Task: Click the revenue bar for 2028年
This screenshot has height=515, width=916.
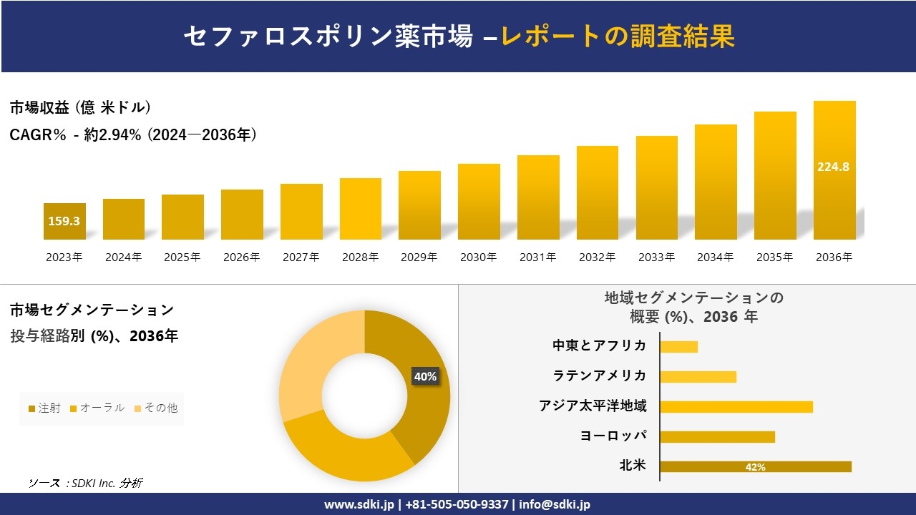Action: [360, 209]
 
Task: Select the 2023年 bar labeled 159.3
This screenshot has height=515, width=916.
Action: [64, 221]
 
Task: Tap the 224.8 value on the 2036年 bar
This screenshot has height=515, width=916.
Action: [833, 167]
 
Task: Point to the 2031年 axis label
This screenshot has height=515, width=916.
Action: [537, 257]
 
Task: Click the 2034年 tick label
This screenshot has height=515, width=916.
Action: [715, 257]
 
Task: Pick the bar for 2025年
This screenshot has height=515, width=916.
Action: [182, 217]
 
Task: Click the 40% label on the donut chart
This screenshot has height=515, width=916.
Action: [425, 376]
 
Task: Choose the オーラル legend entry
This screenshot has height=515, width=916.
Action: [97, 408]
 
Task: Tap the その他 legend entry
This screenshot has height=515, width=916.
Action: [155, 408]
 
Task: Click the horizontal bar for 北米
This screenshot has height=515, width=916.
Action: [755, 466]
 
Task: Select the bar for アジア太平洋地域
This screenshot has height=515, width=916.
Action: [736, 407]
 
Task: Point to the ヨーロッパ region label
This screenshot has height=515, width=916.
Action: [613, 436]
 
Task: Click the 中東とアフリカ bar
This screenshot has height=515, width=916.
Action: [678, 346]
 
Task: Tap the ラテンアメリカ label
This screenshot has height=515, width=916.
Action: [600, 376]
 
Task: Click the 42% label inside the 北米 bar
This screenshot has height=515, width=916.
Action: [755, 467]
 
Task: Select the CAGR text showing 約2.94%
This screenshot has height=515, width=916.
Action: [133, 134]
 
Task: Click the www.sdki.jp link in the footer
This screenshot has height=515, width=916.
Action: [359, 504]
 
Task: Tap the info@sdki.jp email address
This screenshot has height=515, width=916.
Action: [555, 504]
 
